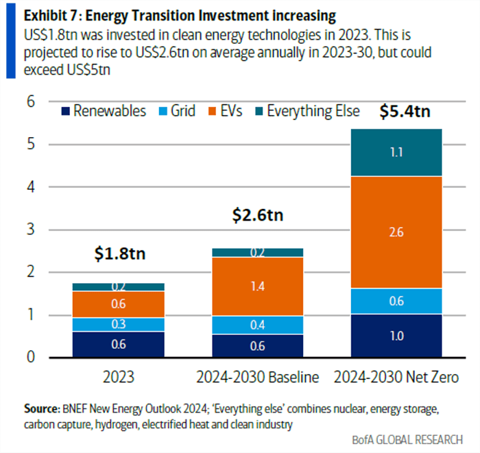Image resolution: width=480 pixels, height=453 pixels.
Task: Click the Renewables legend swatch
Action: [x=66, y=111]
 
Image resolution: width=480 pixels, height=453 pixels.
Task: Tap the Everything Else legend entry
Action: [x=313, y=111]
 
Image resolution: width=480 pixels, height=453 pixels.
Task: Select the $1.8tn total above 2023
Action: [x=119, y=254]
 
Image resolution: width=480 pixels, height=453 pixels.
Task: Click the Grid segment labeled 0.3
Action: [x=119, y=324]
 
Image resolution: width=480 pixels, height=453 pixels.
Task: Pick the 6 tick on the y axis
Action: [x=31, y=101]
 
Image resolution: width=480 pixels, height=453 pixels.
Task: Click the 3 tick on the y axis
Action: [x=31, y=229]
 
